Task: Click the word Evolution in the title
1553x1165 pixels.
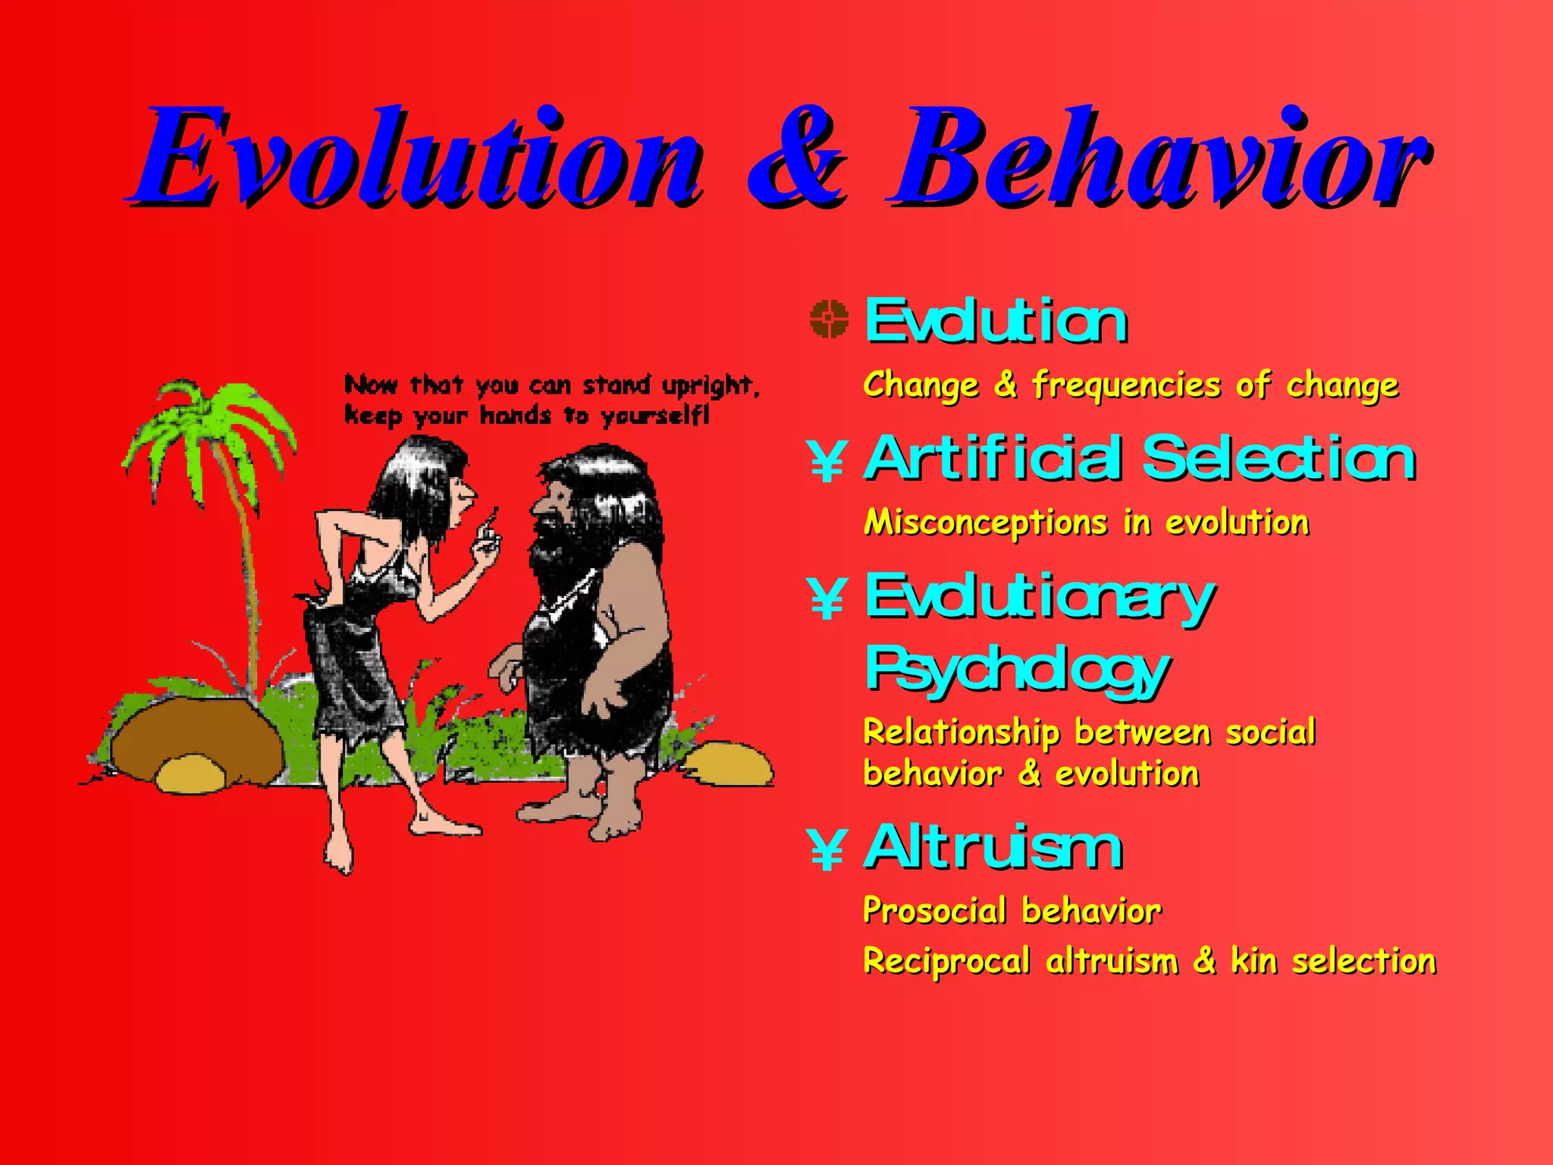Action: [x=417, y=159]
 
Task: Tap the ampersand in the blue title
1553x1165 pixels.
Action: [x=796, y=159]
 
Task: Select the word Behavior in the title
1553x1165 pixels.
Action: [x=1160, y=159]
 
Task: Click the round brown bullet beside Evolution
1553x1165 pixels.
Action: [x=828, y=319]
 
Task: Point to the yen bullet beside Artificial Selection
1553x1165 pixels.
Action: [x=827, y=461]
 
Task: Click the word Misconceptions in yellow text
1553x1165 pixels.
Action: [x=986, y=523]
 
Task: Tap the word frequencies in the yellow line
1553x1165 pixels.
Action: [x=1126, y=385]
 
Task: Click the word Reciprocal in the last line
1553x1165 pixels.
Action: [x=946, y=962]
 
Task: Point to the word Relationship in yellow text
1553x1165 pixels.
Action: [x=961, y=733]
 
